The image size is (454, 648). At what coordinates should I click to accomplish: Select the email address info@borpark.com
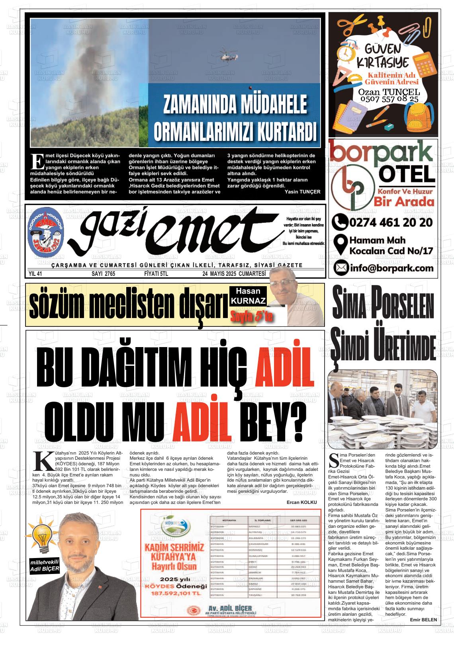pyautogui.click(x=391, y=268)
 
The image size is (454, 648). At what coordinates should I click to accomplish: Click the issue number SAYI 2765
pyautogui.click(x=103, y=274)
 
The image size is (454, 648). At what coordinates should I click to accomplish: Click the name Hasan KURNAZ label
pyautogui.click(x=248, y=296)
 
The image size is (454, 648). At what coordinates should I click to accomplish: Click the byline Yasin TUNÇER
pyautogui.click(x=303, y=191)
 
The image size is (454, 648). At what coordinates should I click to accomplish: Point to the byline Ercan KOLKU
pyautogui.click(x=301, y=502)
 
